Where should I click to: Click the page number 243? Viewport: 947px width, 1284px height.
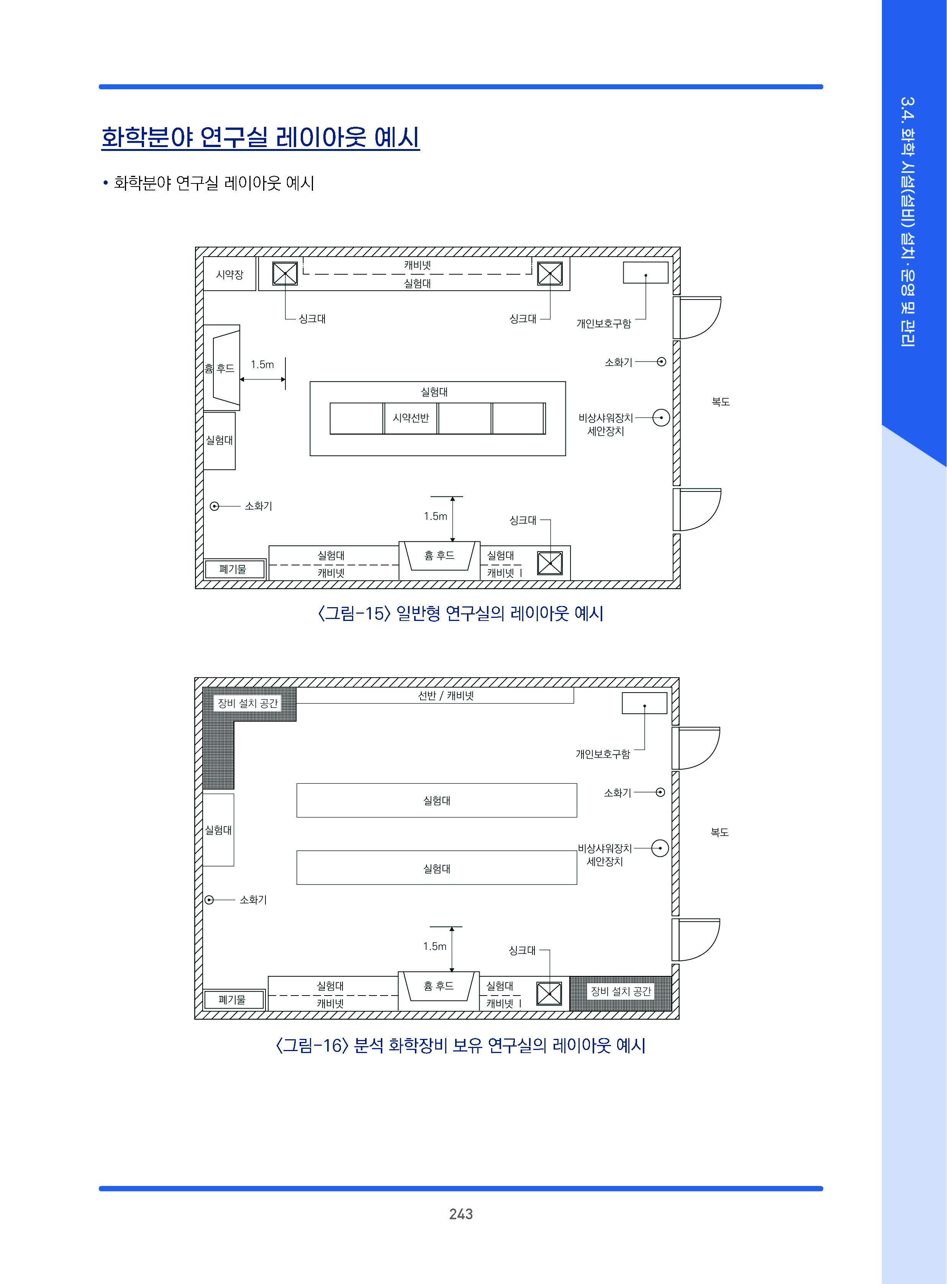pos(460,1214)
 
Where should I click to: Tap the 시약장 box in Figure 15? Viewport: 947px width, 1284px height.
pos(229,275)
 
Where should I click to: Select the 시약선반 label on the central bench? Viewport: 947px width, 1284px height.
pos(410,418)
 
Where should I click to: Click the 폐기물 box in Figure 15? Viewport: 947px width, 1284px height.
pos(233,569)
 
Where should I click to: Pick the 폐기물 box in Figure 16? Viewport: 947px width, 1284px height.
pos(232,1000)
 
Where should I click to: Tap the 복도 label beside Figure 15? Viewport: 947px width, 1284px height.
pos(721,402)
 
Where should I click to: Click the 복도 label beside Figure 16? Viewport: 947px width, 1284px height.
pos(719,832)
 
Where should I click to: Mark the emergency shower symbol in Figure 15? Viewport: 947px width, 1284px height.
pos(661,418)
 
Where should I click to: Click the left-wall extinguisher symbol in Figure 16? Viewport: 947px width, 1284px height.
pos(209,900)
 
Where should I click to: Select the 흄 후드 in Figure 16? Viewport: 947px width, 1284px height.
pos(439,986)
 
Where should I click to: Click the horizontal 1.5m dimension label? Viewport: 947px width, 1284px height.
pos(262,365)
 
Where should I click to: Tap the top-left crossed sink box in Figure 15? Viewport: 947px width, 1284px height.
pos(285,274)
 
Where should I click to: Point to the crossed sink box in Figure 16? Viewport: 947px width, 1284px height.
pos(549,993)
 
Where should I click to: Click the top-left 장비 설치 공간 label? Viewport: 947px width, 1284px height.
pos(247,703)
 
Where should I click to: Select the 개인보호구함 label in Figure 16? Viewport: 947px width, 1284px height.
pos(603,754)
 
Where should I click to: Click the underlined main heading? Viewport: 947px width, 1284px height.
pos(260,138)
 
